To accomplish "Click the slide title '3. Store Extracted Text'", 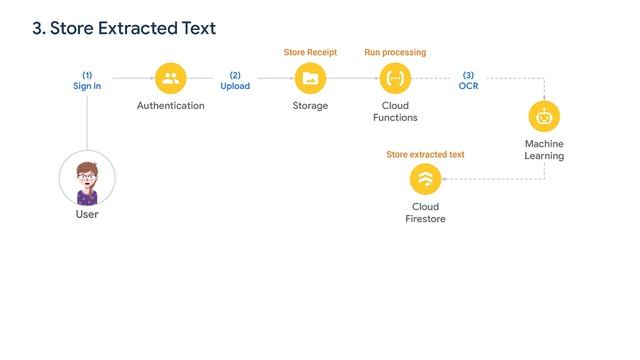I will point(124,29).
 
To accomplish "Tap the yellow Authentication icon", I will point(171,78).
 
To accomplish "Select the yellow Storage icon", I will point(310,78).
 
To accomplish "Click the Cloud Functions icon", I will point(395,78).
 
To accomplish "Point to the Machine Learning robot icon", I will point(544,116).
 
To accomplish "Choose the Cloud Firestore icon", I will point(426,179).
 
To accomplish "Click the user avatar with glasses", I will point(87,179).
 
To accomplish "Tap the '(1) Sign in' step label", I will point(87,80).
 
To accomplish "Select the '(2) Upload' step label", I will point(235,80).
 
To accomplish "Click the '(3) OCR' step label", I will point(468,80).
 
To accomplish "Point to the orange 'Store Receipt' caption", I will point(310,52).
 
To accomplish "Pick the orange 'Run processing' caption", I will point(395,52).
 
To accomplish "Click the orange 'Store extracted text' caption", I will point(425,154).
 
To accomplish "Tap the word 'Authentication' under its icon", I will point(171,106).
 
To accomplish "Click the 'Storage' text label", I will point(310,106).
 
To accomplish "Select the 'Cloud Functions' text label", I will point(395,111).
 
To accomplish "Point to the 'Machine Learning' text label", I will point(544,150).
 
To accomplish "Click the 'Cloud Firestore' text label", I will point(426,213).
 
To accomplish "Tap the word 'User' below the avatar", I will point(87,214).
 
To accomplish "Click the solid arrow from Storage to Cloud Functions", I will point(352,78).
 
